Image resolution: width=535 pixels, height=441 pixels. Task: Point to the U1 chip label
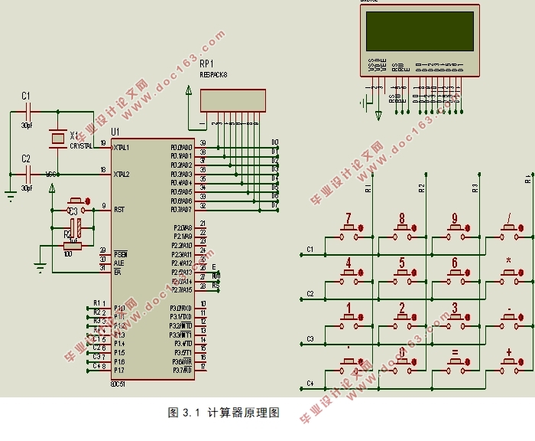[115, 132]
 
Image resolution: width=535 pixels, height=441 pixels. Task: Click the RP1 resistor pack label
[207, 64]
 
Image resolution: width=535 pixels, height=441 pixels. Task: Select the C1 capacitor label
[26, 96]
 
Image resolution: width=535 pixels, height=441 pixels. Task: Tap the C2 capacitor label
[26, 158]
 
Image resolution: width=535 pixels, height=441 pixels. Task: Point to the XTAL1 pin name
[122, 146]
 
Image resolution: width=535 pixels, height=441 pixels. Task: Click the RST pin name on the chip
[119, 208]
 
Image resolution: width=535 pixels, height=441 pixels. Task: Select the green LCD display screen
[420, 31]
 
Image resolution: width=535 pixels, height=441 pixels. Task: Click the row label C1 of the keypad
[310, 249]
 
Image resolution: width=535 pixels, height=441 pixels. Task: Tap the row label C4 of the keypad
[310, 383]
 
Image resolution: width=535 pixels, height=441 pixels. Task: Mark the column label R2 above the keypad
[421, 187]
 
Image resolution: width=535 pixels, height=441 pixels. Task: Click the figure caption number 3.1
[192, 413]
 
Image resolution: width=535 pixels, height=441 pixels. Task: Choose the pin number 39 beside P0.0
[203, 142]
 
